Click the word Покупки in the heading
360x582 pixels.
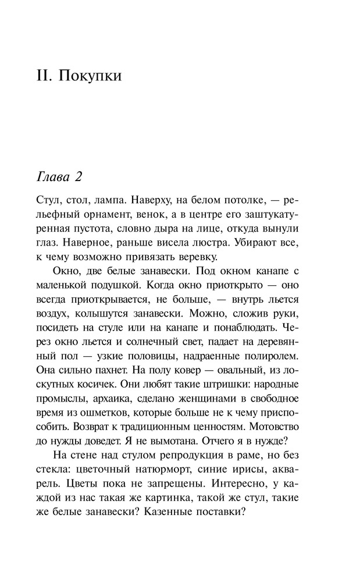(90, 76)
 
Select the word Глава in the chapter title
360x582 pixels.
(55, 176)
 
